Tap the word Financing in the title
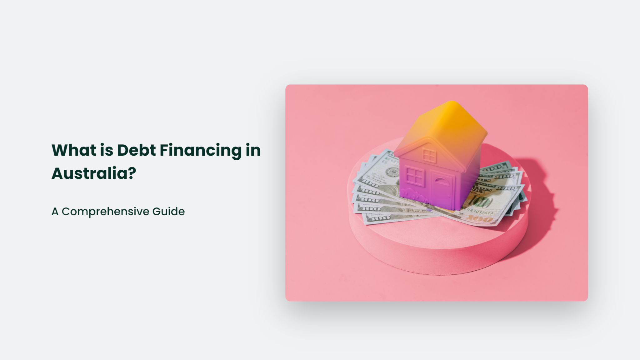coord(201,151)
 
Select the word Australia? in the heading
coord(94,173)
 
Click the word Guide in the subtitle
coord(168,212)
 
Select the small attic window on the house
coord(429,155)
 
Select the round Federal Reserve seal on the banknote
coord(392,172)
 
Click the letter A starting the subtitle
coord(55,212)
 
